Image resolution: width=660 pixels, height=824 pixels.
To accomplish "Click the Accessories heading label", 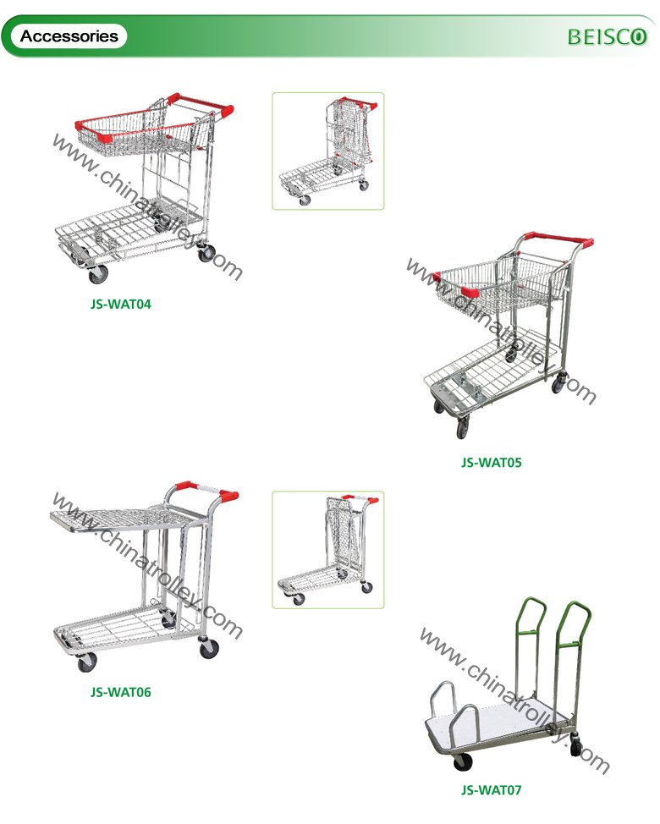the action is pos(69,36).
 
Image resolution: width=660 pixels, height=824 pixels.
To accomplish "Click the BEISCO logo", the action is pos(607,36).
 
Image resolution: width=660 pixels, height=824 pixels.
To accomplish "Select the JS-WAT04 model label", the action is pos(120,304).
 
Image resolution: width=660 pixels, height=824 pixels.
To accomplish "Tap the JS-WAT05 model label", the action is pos(492,463).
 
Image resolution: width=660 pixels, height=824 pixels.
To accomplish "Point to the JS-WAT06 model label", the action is pos(120,691).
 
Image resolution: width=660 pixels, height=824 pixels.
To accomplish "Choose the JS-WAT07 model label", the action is pos(492,789).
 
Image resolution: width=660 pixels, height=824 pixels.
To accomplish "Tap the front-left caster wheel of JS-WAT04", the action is pos(98,274).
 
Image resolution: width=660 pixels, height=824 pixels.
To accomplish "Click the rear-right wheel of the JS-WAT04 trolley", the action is pos(206,253).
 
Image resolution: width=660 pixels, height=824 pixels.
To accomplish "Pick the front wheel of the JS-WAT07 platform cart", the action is pos(462,761).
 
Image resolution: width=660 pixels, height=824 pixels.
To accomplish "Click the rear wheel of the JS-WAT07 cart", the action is pos(577,746).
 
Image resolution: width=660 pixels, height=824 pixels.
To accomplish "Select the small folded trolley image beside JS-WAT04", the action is pos(328,151).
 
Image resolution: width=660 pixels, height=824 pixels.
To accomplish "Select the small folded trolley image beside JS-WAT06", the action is pos(328,550).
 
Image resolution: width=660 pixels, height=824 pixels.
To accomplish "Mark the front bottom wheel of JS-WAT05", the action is pos(463,426).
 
